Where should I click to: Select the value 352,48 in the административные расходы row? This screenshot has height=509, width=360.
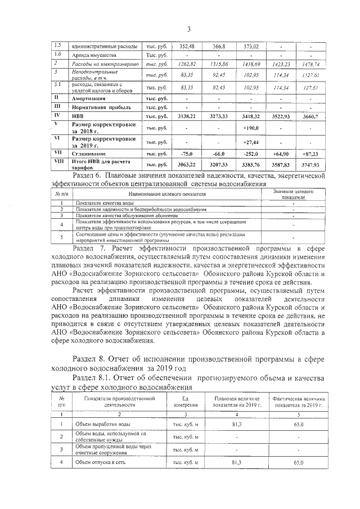pyautogui.click(x=186, y=46)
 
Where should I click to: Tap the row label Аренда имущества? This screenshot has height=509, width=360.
pyautogui.click(x=93, y=56)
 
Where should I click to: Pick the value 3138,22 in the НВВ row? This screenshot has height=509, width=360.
pyautogui.click(x=186, y=116)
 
